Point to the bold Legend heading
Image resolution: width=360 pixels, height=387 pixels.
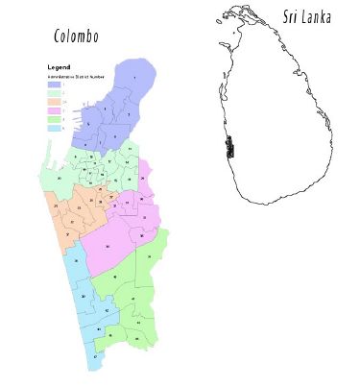(58, 65)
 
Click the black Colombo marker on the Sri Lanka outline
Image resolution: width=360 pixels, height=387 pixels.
(229, 148)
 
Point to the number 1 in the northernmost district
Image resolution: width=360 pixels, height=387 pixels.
(134, 76)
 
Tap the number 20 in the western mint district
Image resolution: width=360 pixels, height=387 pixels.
(60, 178)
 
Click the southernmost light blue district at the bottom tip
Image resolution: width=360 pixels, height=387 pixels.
(95, 356)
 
